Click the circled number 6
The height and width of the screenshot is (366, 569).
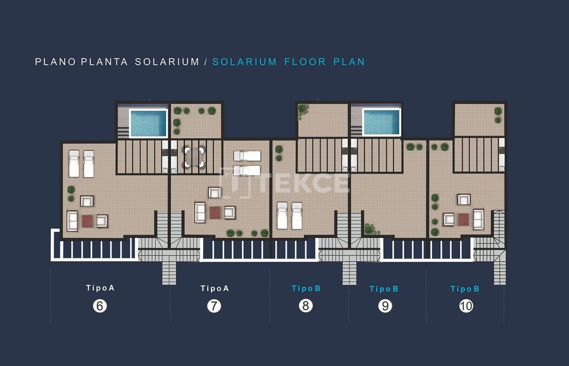(x=100, y=306)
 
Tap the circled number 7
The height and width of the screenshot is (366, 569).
(x=214, y=306)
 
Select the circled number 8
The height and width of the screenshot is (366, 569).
(x=306, y=306)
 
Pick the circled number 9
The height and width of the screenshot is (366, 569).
(x=385, y=306)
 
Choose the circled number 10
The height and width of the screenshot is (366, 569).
(x=466, y=306)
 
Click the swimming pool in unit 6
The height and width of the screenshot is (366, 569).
(x=148, y=123)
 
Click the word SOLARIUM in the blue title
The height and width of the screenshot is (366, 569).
(x=244, y=62)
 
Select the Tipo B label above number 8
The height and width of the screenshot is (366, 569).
(x=306, y=288)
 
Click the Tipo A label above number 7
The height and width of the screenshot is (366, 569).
(x=214, y=288)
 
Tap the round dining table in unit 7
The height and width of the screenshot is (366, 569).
(x=194, y=157)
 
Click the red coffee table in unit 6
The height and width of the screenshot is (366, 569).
(x=87, y=221)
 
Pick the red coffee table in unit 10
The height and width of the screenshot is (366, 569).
(x=464, y=219)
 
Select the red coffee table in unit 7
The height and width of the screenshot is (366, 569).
(x=215, y=213)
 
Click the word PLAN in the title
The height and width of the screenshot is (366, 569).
(x=349, y=62)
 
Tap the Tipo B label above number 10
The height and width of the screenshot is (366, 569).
(x=465, y=289)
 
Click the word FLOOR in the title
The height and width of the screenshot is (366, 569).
(x=305, y=62)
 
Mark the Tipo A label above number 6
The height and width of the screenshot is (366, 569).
(x=100, y=288)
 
